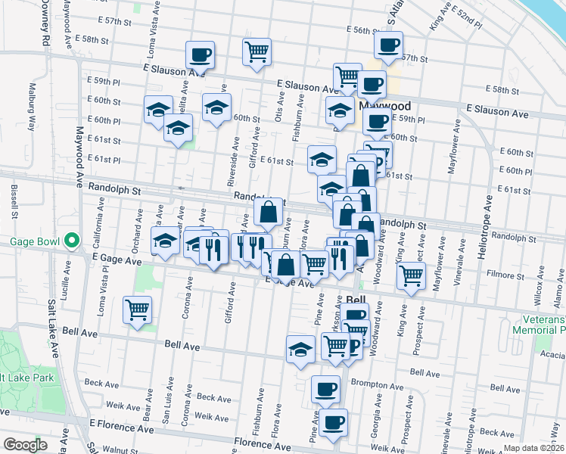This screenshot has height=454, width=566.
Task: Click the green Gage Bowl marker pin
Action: click(x=72, y=241)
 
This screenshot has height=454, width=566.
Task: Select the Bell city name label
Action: click(x=356, y=299)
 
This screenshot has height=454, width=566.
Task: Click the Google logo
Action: click(x=25, y=445)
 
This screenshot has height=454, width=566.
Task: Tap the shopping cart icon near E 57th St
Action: click(x=257, y=52)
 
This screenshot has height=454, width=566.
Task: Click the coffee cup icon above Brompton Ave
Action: click(x=325, y=389)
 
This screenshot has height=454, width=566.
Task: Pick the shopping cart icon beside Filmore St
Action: click(x=411, y=275)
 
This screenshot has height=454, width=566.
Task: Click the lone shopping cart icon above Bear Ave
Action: click(x=137, y=309)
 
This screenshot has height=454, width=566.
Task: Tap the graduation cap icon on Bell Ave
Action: click(x=300, y=350)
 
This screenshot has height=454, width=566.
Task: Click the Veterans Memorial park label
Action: click(x=538, y=324)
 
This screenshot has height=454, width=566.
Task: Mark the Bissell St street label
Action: click(x=14, y=202)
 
